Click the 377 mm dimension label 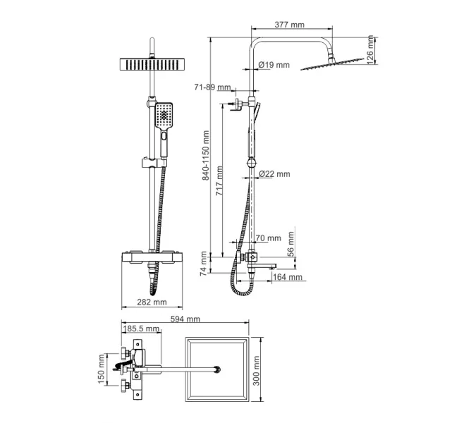[x=289, y=25]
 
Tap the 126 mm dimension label [x=370, y=49]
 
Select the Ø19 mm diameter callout [x=274, y=65]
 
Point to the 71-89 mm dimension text [x=212, y=87]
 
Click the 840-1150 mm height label [x=206, y=155]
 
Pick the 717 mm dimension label [x=219, y=181]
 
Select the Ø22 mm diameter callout [x=274, y=174]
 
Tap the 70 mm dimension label [x=269, y=238]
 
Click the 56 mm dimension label [x=291, y=244]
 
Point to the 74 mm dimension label [x=204, y=263]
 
